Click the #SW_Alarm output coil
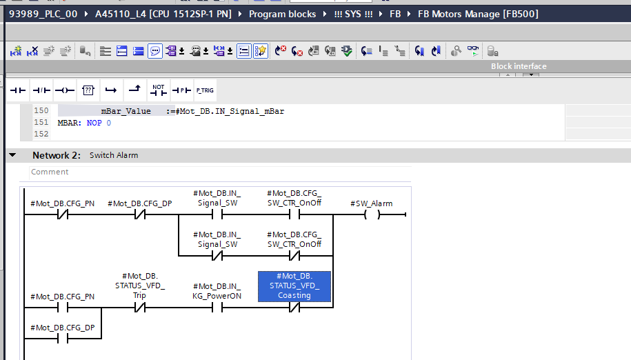click(x=372, y=214)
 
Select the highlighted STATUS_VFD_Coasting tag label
click(x=294, y=286)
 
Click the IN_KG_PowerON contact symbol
click(x=217, y=308)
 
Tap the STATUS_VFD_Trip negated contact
click(x=139, y=308)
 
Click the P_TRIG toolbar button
click(x=205, y=90)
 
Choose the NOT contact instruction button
click(x=158, y=90)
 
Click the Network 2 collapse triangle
click(x=12, y=155)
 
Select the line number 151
click(x=41, y=122)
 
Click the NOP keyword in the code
click(x=94, y=123)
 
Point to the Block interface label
click(x=519, y=66)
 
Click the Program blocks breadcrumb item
click(x=283, y=14)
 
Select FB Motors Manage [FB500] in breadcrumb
click(x=478, y=14)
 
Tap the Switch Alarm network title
click(x=114, y=155)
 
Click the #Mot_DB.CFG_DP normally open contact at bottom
click(x=62, y=339)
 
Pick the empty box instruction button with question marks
click(x=88, y=90)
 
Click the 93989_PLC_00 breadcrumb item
click(x=43, y=14)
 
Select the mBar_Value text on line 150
click(x=126, y=111)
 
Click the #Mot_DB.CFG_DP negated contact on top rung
click(x=139, y=214)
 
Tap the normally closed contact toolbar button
click(x=41, y=90)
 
